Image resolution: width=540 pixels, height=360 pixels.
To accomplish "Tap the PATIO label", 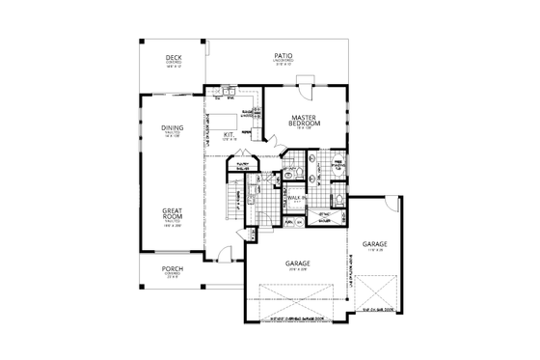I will pos(283,59).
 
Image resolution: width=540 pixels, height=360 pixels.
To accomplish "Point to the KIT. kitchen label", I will pos(229,135).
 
